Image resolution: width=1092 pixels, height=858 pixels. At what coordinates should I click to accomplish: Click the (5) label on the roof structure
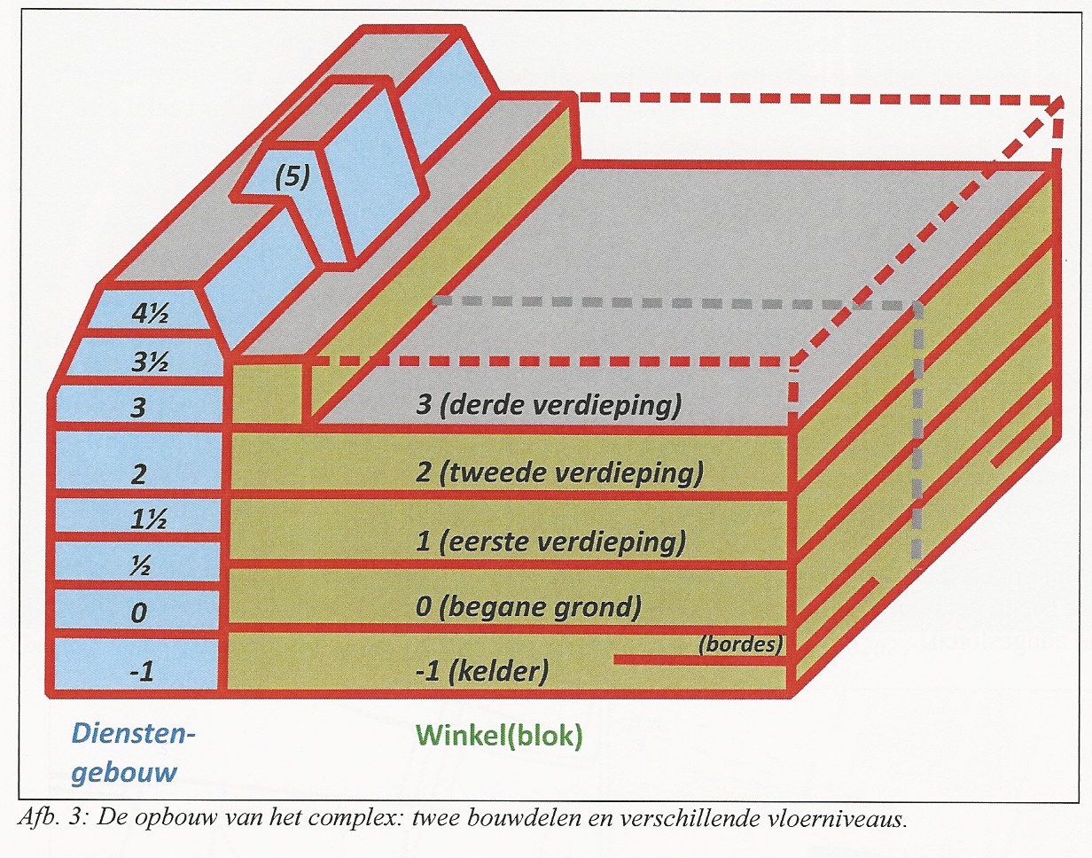292,176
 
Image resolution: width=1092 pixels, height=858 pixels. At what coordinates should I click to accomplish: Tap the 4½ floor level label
149,313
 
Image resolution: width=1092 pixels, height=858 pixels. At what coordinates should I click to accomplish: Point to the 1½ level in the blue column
149,519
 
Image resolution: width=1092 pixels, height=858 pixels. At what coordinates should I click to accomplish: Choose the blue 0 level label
138,612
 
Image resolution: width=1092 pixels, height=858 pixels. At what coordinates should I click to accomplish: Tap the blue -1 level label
141,672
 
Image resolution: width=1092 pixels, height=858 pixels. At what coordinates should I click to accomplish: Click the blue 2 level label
138,474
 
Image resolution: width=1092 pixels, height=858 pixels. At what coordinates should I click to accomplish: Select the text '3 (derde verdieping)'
549,405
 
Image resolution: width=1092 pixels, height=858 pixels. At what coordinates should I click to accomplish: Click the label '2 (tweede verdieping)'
558,473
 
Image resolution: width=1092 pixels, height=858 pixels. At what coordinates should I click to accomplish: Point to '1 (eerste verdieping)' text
550,542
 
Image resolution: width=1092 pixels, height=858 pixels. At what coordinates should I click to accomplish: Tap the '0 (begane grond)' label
528,608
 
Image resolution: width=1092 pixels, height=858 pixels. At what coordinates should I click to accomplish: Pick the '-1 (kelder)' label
482,672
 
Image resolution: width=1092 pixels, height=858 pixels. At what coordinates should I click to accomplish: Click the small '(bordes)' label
740,644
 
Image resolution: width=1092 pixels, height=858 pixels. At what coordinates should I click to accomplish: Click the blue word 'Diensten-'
133,734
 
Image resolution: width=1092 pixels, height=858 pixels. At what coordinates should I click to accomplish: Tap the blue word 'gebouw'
124,774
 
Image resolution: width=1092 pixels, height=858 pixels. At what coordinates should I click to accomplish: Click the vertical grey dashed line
917,430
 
